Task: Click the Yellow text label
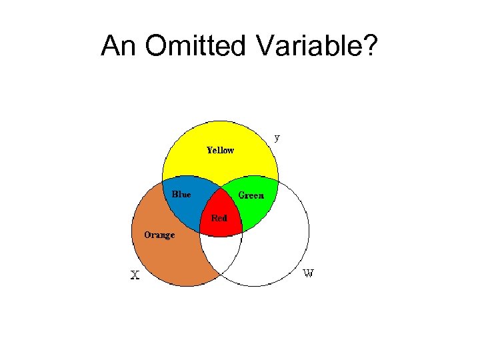[220, 150]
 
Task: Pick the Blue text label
[181, 195]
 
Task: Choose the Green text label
[251, 195]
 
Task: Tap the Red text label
[219, 218]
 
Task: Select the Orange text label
[159, 235]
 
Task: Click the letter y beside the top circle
[277, 138]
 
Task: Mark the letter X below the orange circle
[135, 275]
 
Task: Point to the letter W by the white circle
[309, 273]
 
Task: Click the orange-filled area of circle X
[167, 257]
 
